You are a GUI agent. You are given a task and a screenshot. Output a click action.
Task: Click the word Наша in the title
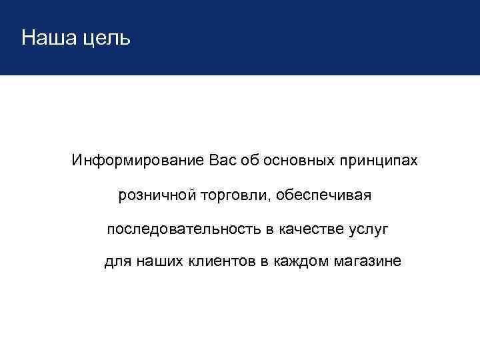pos(46,37)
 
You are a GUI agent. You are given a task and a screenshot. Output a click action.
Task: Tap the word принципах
pos(379,162)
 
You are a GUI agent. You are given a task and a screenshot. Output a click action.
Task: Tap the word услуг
pos(367,230)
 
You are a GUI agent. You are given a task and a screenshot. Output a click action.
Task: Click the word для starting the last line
pos(119,262)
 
